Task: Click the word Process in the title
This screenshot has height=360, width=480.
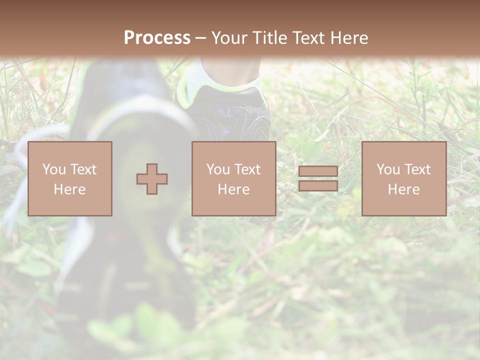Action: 157,38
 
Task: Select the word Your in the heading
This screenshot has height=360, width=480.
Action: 231,38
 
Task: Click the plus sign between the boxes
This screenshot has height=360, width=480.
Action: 152,179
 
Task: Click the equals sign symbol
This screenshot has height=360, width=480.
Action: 318,178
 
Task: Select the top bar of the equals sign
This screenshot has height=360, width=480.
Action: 318,171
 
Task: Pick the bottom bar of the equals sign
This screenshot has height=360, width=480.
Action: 318,186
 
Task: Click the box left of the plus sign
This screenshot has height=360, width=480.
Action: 70,178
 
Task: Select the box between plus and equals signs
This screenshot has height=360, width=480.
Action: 233,178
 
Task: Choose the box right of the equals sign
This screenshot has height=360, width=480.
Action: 404,178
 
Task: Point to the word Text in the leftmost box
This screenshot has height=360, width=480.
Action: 83,169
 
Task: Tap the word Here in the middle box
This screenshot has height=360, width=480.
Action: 233,189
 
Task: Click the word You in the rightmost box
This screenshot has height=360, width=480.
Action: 388,169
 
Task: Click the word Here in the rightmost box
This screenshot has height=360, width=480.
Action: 404,189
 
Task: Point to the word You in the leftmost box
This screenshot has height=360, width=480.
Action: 54,169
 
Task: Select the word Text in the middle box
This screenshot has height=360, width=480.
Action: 247,169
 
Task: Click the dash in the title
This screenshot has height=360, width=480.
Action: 200,38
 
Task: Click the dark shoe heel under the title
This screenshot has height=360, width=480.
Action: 235,112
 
